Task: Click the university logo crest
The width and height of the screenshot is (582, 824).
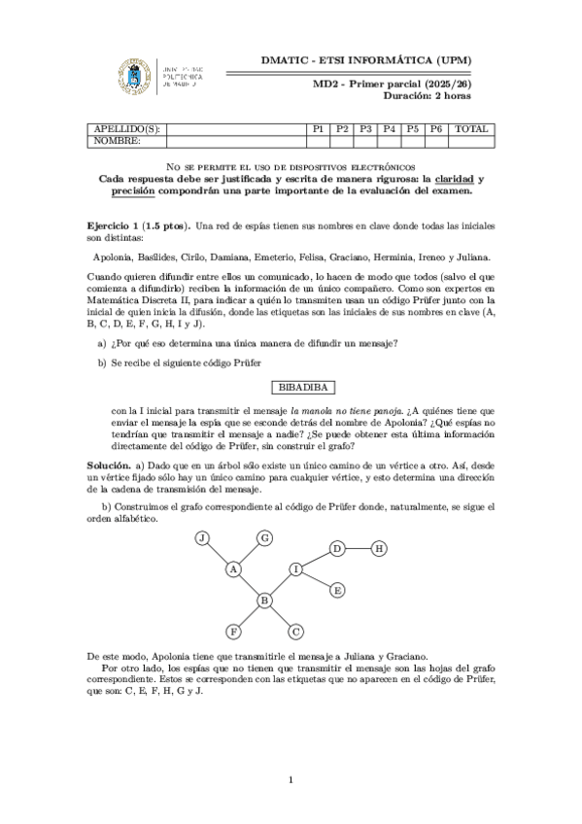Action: (x=134, y=76)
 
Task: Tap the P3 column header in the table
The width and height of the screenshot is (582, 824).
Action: (x=365, y=129)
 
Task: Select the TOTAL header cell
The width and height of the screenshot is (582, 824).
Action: (x=472, y=129)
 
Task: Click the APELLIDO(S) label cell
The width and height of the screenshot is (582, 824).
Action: (x=126, y=129)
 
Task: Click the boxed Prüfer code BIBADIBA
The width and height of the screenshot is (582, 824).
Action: (x=291, y=387)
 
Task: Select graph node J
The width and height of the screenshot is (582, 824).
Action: (x=202, y=538)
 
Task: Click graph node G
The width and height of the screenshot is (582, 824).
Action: (x=264, y=537)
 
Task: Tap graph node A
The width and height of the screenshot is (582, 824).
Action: (x=234, y=569)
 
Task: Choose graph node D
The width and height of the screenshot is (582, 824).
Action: (x=337, y=549)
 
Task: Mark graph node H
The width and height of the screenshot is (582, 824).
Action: (x=379, y=549)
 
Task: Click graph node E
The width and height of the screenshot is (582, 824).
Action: (x=337, y=590)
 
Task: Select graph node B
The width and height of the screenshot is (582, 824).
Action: (x=263, y=601)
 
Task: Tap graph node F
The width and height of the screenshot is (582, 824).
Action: (x=233, y=632)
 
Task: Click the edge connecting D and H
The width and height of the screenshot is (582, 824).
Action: (x=359, y=549)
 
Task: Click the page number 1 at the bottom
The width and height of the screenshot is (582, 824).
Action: (x=291, y=778)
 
